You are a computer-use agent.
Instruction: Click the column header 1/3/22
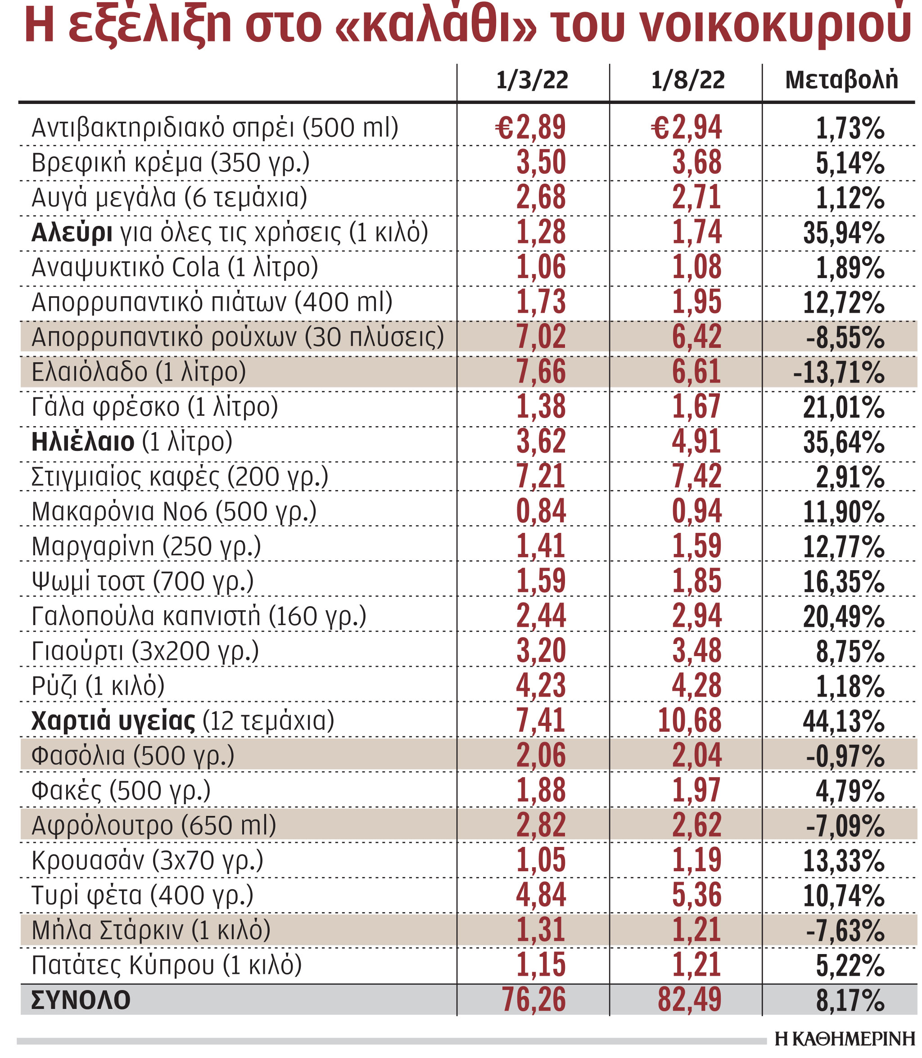coord(532,80)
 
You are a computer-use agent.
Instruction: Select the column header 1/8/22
coord(688,80)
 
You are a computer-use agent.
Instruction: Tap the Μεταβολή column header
coord(841,80)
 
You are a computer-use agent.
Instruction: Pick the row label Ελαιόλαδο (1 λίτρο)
coord(139,372)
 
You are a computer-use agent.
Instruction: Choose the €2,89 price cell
coord(530,127)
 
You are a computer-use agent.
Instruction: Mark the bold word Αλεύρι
coord(72,233)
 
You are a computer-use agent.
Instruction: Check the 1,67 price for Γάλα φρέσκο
coord(696,407)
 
